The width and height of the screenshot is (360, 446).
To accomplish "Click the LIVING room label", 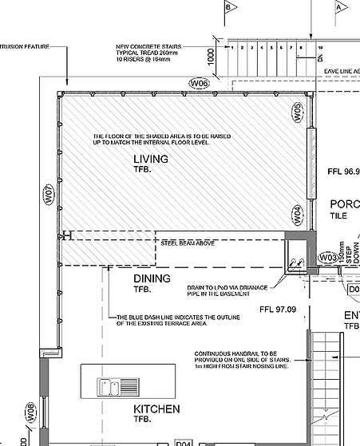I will [150, 160].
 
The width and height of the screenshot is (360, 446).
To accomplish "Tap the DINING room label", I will [152, 278].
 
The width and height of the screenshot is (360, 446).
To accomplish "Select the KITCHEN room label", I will [156, 409].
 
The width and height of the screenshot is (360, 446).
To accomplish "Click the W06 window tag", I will [200, 83].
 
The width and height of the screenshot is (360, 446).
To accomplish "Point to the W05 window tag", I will [297, 112].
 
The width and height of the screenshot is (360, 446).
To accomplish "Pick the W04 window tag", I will [297, 215].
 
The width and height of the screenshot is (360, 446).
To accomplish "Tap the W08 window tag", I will [30, 413].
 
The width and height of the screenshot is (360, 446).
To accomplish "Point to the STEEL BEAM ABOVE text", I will [188, 242].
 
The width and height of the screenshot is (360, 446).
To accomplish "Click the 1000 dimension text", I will [211, 56].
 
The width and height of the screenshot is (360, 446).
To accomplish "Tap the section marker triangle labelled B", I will [232, 7].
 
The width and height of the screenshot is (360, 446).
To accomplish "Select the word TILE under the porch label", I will [339, 215].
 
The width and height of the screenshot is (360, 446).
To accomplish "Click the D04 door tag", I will [184, 442].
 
